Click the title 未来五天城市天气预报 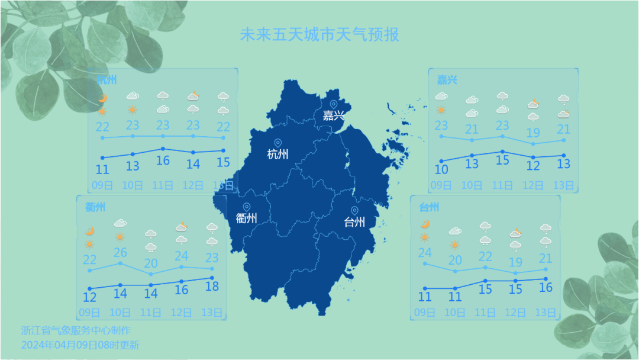coord(319,34)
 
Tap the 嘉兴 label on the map coord(333,116)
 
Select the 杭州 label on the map coord(277,155)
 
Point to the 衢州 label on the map coord(246,218)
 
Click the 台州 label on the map coord(354,222)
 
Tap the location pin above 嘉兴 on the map coord(333,105)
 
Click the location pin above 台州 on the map coord(354,211)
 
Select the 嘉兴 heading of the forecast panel coord(447,79)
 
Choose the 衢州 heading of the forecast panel coord(95,207)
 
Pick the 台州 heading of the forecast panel coord(429,207)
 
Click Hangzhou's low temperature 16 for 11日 coord(163,160)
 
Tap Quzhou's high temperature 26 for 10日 coord(120,252)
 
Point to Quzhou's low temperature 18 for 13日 coord(212,287)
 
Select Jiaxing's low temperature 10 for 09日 coord(441,169)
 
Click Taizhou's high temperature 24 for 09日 coord(425,253)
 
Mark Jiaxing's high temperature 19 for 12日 coord(533,133)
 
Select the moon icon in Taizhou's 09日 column coord(425,224)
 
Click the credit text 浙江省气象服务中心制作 coord(76,330)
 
